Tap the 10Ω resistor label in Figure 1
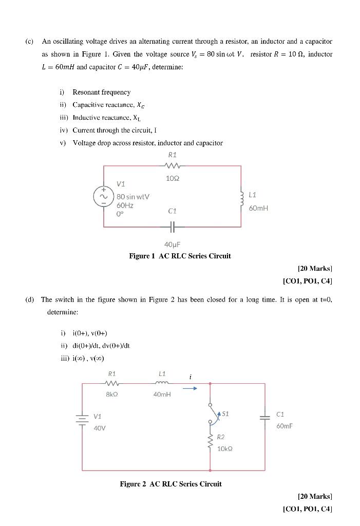(172, 178)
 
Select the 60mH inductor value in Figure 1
(258, 208)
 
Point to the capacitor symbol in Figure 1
(173, 226)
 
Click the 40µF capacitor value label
(173, 245)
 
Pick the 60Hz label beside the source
(125, 205)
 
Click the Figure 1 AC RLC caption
(180, 256)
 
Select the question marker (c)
(29, 41)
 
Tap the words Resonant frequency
(101, 92)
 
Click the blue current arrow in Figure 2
(190, 388)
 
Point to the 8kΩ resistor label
(112, 394)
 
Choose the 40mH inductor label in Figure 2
(162, 394)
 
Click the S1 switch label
(226, 414)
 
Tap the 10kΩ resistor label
(224, 448)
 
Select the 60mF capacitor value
(284, 426)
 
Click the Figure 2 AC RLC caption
(170, 484)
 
